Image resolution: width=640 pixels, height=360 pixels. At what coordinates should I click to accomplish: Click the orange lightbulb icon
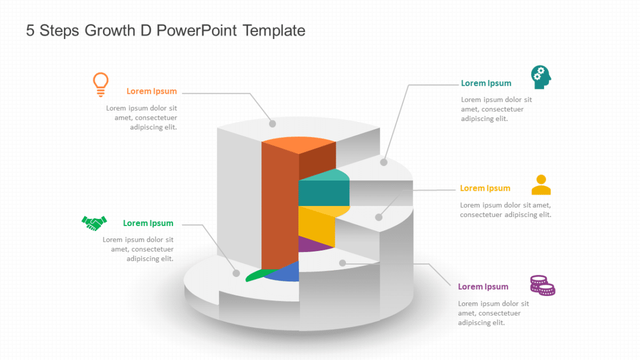pos(100,84)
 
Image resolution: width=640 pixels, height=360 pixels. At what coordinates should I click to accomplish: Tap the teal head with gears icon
pos(541,77)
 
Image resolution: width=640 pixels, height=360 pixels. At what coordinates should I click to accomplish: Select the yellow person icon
pos(541,185)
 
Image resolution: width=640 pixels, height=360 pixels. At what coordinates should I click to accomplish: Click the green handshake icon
pos(94,222)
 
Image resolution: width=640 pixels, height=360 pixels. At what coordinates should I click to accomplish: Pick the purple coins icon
pos(542,285)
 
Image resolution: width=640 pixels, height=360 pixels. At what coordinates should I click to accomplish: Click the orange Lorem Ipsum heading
pos(151,91)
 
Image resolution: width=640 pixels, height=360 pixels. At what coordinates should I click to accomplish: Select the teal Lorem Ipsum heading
pos(486,83)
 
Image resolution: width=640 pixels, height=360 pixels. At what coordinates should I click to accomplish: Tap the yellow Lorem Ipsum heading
pos(485,188)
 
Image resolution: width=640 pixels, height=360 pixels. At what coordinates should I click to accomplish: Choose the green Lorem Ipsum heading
pos(148,223)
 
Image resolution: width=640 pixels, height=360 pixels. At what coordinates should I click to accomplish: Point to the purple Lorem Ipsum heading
pos(483,286)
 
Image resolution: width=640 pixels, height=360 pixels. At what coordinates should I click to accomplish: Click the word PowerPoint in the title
pos(197,31)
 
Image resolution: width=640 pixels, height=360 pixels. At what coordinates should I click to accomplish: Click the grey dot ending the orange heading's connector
pos(272,124)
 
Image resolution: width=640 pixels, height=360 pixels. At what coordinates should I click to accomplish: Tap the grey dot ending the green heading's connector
pos(236,273)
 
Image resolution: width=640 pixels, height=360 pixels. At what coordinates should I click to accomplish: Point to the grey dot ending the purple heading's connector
pos(342,263)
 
